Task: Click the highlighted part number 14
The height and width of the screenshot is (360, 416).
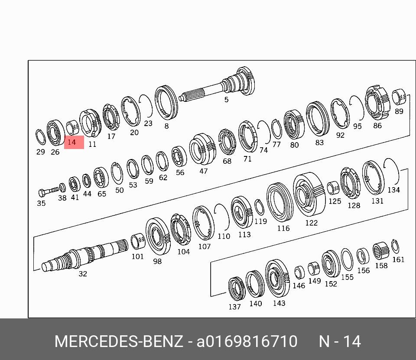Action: pos(71,142)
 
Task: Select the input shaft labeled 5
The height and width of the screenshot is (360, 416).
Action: pos(218,84)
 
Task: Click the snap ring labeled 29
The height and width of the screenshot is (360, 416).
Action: pos(40,137)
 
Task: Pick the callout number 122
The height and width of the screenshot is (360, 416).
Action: pos(311,223)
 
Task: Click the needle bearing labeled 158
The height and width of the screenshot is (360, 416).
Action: pos(380,251)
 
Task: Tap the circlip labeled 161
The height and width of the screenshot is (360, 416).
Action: pos(395,246)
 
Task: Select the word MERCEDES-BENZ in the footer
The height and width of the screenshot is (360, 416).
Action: pos(119,341)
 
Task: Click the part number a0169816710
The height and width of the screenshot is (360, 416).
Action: pos(247,341)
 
